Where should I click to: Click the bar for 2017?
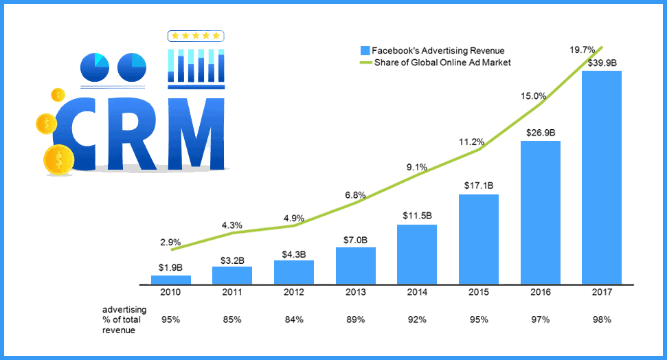601,177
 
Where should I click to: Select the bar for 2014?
417,254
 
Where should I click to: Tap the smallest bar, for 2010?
170,280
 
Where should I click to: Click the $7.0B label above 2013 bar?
355,239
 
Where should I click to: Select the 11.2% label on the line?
472,142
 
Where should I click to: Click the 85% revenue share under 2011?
232,319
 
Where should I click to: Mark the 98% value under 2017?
601,319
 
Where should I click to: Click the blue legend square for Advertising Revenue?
365,50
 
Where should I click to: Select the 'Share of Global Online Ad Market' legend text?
442,63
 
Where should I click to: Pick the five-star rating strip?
196,36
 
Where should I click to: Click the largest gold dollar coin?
58,159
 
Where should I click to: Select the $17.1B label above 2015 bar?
479,185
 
